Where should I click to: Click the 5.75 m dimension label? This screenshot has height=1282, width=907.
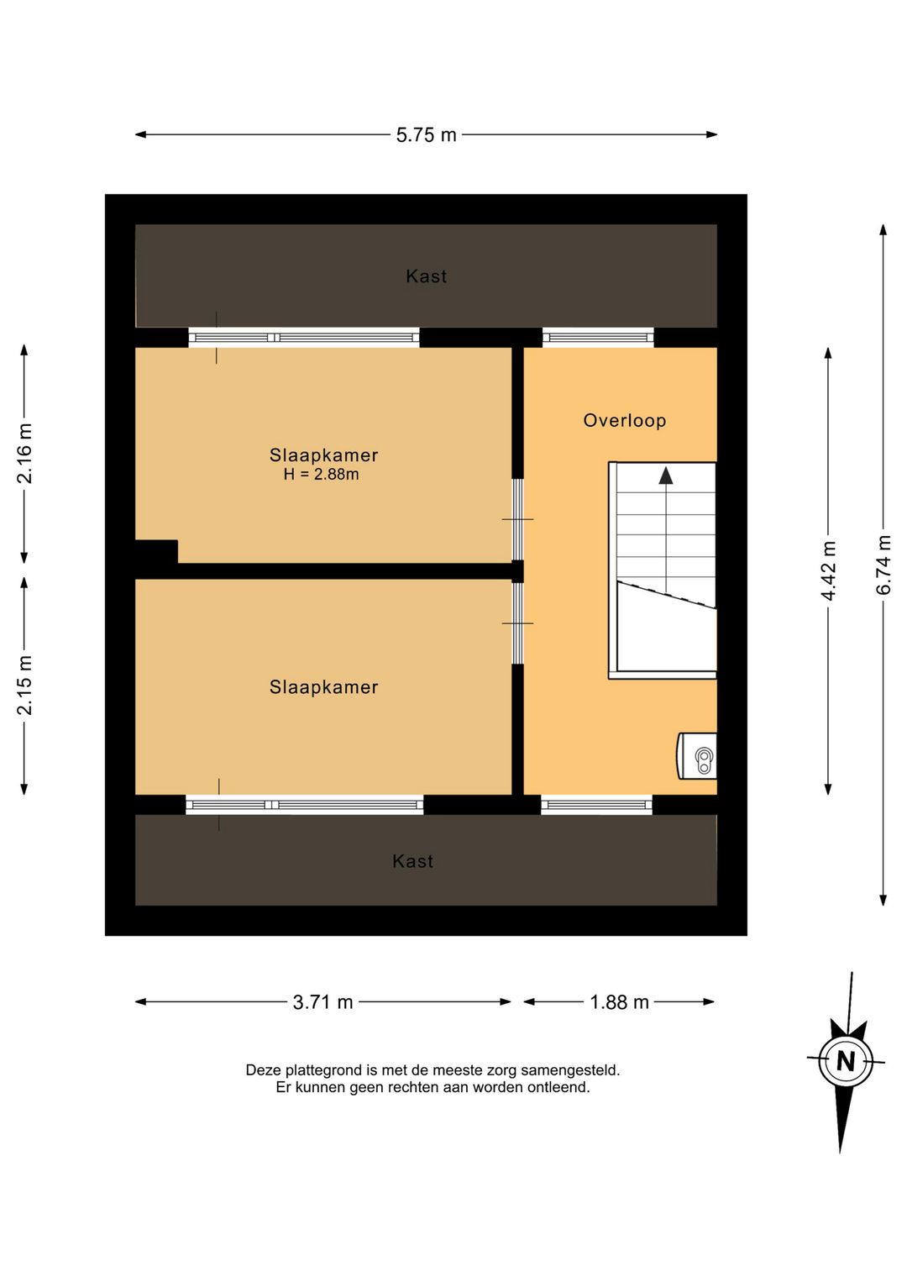click(427, 135)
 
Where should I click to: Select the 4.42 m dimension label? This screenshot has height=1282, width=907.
click(828, 570)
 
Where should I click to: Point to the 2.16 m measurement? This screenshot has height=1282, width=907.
click(24, 454)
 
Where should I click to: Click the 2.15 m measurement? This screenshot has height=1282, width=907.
click(24, 685)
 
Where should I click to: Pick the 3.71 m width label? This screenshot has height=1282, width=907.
click(322, 1002)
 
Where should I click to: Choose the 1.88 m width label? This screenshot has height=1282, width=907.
click(619, 1002)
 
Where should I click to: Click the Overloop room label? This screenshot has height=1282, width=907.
click(624, 421)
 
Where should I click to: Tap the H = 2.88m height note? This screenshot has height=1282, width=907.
click(321, 474)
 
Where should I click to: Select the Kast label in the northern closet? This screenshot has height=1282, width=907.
click(427, 276)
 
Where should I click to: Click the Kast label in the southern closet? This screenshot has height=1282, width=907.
click(412, 861)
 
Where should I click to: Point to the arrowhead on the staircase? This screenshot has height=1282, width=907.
click(665, 475)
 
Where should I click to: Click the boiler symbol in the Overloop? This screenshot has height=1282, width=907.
click(697, 755)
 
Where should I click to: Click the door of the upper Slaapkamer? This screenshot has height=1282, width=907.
click(517, 519)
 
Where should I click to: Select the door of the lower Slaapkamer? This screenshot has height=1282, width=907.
click(517, 623)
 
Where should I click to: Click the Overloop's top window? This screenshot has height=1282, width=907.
click(598, 337)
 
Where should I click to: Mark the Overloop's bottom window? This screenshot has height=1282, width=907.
click(596, 805)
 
